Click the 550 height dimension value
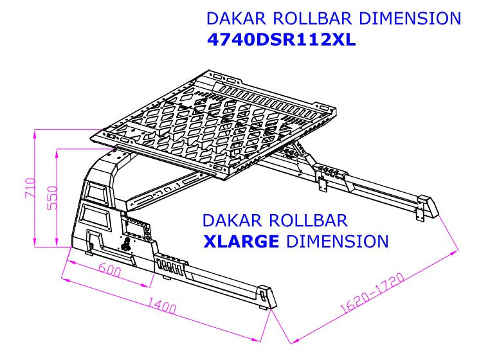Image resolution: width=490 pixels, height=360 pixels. [52, 197]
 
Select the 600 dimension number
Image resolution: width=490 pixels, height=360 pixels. [109, 271]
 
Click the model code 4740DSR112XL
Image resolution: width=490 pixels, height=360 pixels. [282, 40]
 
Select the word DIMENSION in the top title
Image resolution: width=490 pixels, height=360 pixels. [410, 18]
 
